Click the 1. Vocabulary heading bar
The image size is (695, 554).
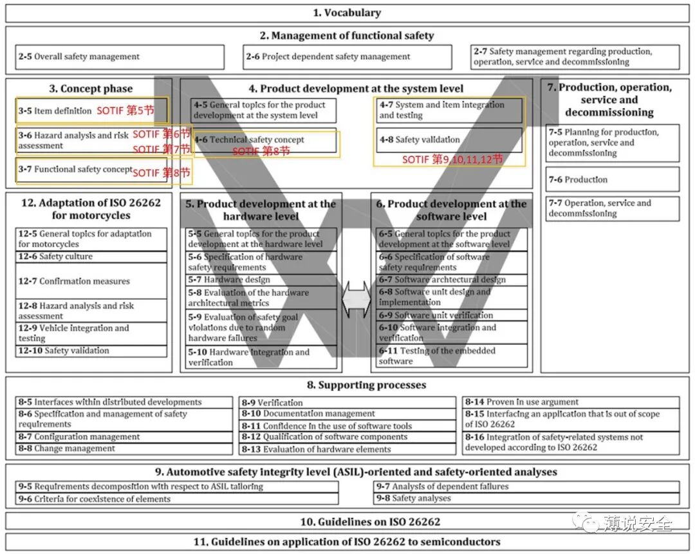(347, 13)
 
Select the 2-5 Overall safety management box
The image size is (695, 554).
(120, 57)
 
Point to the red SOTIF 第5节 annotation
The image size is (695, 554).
(125, 111)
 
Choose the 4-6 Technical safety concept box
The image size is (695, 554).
(264, 140)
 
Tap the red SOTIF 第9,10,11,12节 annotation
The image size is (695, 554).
(452, 159)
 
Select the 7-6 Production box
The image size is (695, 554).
(612, 180)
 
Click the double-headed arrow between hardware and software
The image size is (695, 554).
(356, 299)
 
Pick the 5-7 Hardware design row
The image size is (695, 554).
(262, 280)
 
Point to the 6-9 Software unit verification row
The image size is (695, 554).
(452, 315)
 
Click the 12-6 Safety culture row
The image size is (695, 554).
(91, 257)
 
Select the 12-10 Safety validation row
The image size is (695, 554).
(91, 351)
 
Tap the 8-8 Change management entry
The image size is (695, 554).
(124, 448)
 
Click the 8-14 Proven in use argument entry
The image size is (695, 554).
(570, 402)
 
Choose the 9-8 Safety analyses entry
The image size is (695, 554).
(526, 498)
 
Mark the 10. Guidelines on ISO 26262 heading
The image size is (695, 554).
(347, 521)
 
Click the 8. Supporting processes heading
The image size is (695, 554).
(347, 385)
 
